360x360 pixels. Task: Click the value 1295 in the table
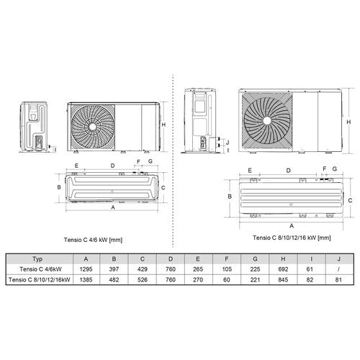click(x=86, y=269)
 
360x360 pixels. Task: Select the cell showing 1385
click(x=86, y=279)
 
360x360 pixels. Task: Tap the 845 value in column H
click(x=283, y=279)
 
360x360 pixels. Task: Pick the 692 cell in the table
click(x=283, y=269)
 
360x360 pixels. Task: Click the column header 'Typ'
click(x=37, y=259)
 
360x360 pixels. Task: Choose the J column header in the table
click(x=339, y=259)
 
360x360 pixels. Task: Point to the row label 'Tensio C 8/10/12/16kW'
click(x=40, y=279)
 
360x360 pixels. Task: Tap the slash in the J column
click(x=338, y=269)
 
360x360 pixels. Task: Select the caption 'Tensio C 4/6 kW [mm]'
click(x=93, y=240)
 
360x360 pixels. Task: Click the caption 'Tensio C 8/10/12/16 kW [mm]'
click(x=292, y=238)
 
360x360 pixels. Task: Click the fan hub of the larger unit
click(x=266, y=120)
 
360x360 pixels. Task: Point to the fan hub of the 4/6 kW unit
click(x=93, y=127)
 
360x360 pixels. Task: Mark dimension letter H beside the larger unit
click(x=348, y=122)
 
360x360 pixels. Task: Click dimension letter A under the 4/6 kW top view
click(x=113, y=207)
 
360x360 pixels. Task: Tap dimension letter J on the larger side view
click(x=228, y=142)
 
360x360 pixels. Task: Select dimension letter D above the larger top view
click(x=289, y=171)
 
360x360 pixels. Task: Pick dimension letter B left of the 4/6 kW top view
click(x=59, y=187)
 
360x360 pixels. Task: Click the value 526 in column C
click(x=143, y=279)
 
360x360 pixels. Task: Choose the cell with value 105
click(x=227, y=269)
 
